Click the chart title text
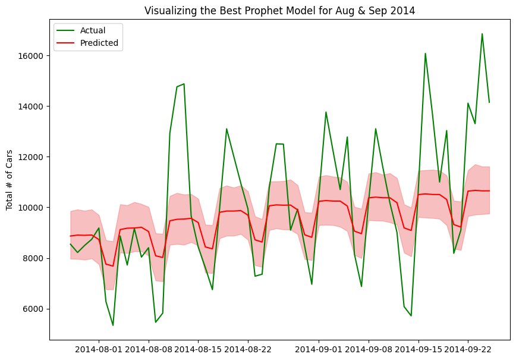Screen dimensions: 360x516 pyautogui.click(x=279, y=10)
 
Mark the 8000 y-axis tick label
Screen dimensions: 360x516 pyautogui.click(x=33, y=258)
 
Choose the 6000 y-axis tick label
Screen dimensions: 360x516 pyautogui.click(x=33, y=309)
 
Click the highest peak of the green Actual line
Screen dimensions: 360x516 pyautogui.click(x=482, y=34)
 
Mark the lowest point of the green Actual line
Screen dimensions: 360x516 pyautogui.click(x=113, y=325)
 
